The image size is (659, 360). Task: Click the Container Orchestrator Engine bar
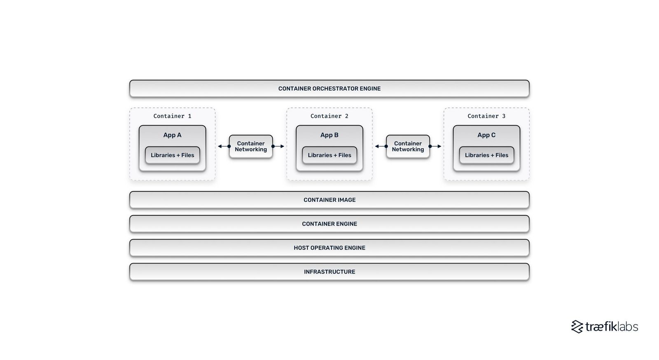click(x=329, y=89)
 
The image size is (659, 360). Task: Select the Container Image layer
click(x=329, y=200)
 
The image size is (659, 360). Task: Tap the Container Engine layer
click(x=329, y=224)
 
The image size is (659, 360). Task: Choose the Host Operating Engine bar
click(x=329, y=248)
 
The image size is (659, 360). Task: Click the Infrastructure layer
click(x=329, y=271)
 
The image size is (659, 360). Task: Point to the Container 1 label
click(x=172, y=116)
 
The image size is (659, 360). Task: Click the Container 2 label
click(x=329, y=116)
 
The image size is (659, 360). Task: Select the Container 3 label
click(x=486, y=116)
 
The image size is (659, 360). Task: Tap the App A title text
click(x=172, y=135)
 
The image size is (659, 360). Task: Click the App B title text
click(x=329, y=135)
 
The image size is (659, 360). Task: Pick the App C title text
click(x=486, y=135)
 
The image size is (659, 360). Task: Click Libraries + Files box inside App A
click(x=172, y=155)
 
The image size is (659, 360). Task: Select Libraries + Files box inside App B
click(x=329, y=155)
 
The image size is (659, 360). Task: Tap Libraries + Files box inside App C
click(x=486, y=155)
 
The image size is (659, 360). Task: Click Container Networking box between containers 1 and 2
click(x=251, y=146)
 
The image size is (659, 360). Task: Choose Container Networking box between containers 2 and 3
click(x=408, y=146)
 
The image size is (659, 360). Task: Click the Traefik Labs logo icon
click(x=577, y=327)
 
